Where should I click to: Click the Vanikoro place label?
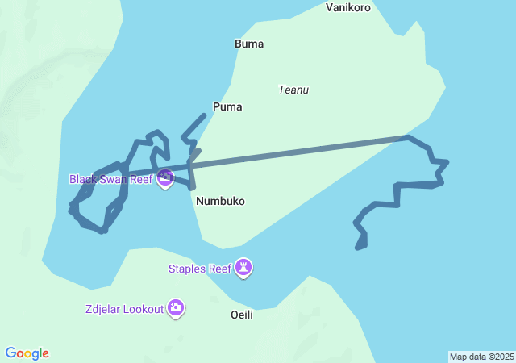[x=348, y=7]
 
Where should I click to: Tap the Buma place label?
[x=248, y=44]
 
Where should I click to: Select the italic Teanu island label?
[x=293, y=90]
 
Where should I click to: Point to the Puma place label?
[x=227, y=106]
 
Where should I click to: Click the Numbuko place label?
[x=220, y=201]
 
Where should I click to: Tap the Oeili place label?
[x=242, y=315]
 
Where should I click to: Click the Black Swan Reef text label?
[x=110, y=179]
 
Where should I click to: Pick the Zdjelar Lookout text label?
[x=123, y=308]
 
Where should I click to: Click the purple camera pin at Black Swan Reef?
[x=165, y=177]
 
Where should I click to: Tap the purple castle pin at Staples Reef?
[x=243, y=267]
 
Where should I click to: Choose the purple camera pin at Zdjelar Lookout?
[x=176, y=307]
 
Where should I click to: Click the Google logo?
[x=27, y=353]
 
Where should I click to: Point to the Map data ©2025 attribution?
[x=481, y=357]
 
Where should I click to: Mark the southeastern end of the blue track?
[x=358, y=248]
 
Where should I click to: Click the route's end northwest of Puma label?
[x=204, y=115]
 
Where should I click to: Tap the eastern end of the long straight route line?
[x=406, y=138]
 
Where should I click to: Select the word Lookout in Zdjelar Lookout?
[x=143, y=308]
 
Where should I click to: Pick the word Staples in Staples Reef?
[x=188, y=269]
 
